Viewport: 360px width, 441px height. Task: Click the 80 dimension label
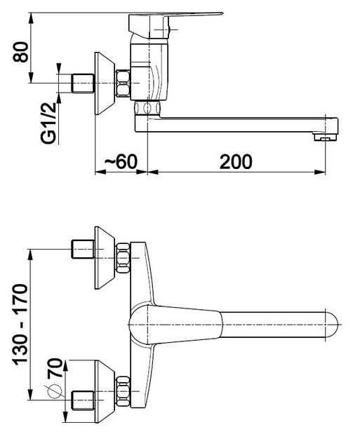(x=20, y=52)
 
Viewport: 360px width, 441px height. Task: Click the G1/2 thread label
(x=48, y=123)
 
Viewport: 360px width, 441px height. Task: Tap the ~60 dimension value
(x=121, y=161)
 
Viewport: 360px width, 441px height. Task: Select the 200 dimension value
(x=236, y=162)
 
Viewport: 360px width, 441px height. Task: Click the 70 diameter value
(x=54, y=368)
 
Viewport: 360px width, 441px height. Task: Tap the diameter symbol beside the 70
(x=54, y=391)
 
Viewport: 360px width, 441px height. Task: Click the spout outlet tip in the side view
(x=326, y=137)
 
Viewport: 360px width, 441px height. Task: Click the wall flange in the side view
(x=105, y=83)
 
